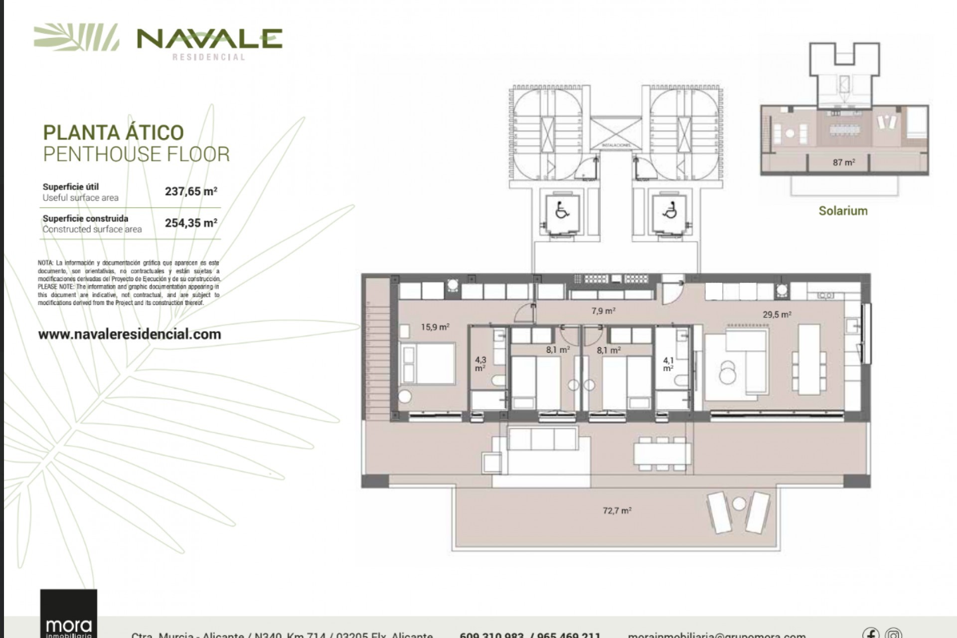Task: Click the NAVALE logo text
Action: [x=209, y=39]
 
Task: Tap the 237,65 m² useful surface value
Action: [x=191, y=191]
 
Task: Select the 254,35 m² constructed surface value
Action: [x=191, y=223]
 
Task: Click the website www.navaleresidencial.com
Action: [x=130, y=334]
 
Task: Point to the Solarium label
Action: [x=843, y=211]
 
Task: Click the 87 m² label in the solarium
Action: [x=843, y=162]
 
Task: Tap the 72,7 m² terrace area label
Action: [x=617, y=510]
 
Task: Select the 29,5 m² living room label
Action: [x=777, y=315]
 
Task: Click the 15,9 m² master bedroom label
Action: [x=435, y=327]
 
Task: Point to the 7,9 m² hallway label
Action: [x=603, y=311]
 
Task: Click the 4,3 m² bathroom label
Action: [x=480, y=364]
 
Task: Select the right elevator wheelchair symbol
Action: [x=670, y=211]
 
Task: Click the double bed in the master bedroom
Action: [x=428, y=363]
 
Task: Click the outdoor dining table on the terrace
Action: [x=662, y=454]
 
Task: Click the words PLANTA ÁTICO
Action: [x=114, y=133]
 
